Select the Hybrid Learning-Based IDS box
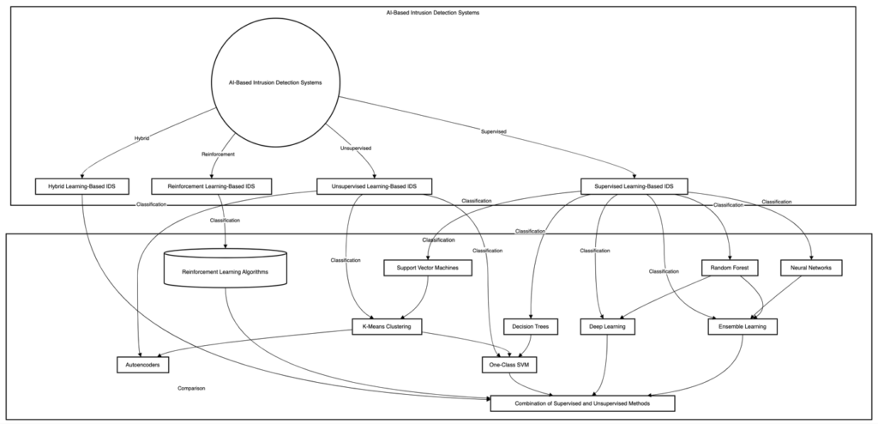tap(81, 185)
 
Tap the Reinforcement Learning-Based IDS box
tap(210, 185)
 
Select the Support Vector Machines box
tap(428, 268)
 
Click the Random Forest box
tap(730, 268)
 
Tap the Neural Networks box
tap(811, 268)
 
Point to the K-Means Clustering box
tap(387, 326)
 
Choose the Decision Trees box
tap(531, 326)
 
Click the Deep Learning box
tap(608, 326)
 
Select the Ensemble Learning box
tap(743, 326)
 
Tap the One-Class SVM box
tap(509, 365)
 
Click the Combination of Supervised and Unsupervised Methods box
tap(582, 403)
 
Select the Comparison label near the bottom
tap(191, 388)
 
